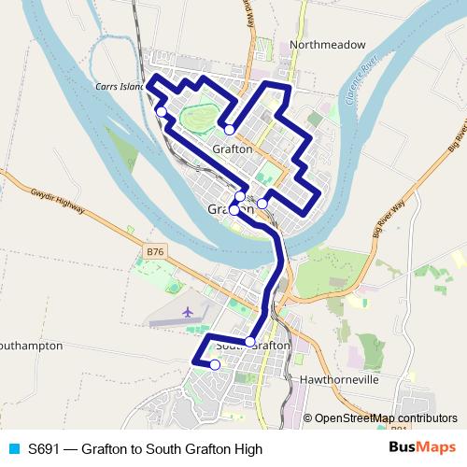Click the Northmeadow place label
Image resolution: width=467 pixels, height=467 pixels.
click(x=326, y=44)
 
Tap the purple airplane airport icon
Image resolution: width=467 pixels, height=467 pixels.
click(x=189, y=311)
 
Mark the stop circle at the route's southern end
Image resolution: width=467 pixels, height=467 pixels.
click(x=215, y=365)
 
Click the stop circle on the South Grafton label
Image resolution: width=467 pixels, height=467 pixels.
click(x=249, y=342)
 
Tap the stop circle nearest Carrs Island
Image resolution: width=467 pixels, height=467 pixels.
click(x=162, y=112)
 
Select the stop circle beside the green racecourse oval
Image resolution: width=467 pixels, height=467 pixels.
click(x=229, y=130)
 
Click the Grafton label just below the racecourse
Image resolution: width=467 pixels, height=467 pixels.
click(x=233, y=149)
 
